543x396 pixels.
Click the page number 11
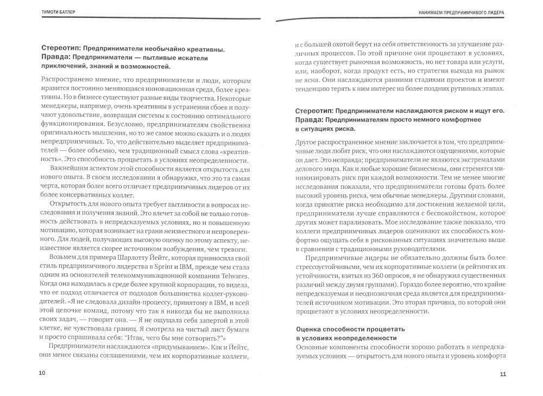[x=503, y=374]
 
